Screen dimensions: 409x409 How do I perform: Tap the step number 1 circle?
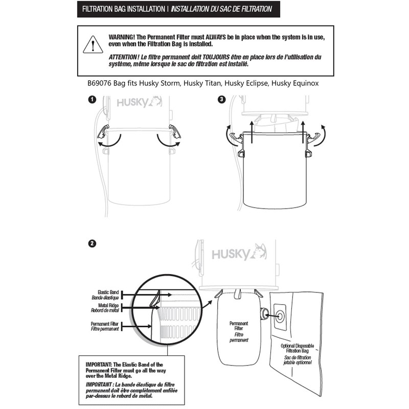[x=91, y=100]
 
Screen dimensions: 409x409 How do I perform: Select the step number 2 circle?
[x=91, y=244]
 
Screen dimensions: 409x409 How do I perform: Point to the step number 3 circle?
[x=221, y=100]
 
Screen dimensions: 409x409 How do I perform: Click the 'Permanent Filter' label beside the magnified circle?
[x=105, y=326]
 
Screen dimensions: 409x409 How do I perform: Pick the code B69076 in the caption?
[x=101, y=83]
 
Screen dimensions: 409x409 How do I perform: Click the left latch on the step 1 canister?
[x=104, y=132]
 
